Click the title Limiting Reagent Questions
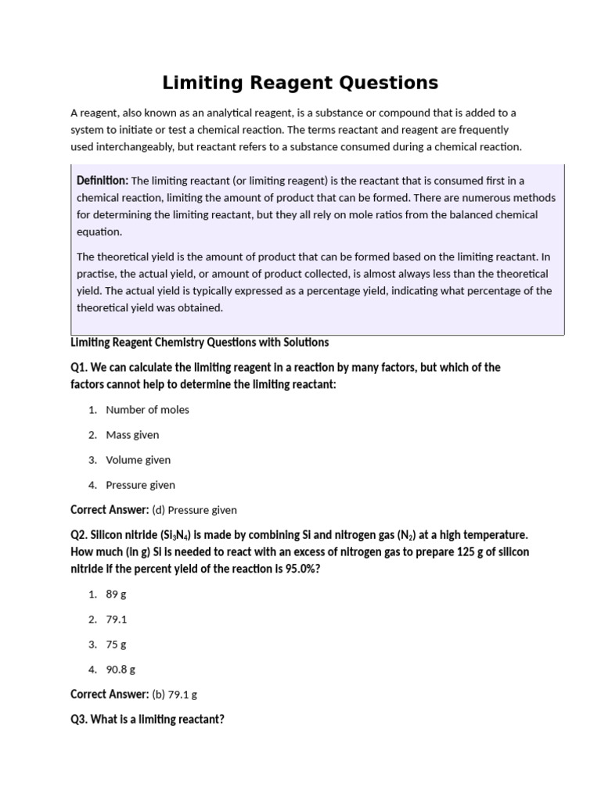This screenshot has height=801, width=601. click(x=300, y=82)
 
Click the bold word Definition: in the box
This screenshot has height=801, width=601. click(x=103, y=181)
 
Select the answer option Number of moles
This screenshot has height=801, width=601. click(x=147, y=410)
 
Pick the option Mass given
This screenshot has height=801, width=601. click(x=132, y=435)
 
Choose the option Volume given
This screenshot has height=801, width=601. click(x=138, y=460)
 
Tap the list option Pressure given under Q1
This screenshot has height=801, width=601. click(x=140, y=485)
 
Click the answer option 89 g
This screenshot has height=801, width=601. click(x=116, y=594)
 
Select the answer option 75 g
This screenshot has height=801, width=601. click(x=116, y=645)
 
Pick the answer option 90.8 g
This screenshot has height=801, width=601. click(x=121, y=670)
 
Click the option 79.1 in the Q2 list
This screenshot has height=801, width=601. click(x=116, y=620)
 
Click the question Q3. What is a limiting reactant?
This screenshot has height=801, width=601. click(x=147, y=719)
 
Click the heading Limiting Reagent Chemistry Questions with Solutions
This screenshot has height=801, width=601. click(x=200, y=343)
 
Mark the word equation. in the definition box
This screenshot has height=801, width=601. click(x=99, y=232)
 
